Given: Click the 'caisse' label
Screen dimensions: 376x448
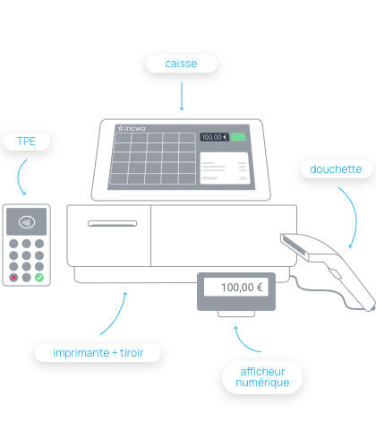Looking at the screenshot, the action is [181, 64].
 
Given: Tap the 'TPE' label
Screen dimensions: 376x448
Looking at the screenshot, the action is [26, 142].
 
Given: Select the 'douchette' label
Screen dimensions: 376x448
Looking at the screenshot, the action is [336, 169].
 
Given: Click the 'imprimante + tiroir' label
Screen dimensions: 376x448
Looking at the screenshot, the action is [98, 353].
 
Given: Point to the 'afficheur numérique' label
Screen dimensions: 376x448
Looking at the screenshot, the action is [262, 377].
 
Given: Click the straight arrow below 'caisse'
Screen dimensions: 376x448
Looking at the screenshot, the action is [182, 96].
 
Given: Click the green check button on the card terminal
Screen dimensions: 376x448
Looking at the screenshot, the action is [39, 278].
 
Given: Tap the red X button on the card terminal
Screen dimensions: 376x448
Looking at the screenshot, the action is [13, 278].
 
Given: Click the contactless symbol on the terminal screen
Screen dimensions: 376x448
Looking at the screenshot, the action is [27, 222].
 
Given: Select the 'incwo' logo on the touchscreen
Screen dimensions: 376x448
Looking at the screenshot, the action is [132, 128].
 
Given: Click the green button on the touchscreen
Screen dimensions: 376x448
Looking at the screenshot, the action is [238, 137].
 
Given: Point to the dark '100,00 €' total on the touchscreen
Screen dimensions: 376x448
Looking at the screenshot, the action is [214, 137].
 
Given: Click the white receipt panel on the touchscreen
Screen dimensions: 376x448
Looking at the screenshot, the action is [225, 168].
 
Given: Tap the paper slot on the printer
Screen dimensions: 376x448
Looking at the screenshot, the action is [112, 223].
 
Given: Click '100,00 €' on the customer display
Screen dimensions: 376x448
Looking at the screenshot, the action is [242, 288].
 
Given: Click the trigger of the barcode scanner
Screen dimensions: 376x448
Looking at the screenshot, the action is [335, 273].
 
